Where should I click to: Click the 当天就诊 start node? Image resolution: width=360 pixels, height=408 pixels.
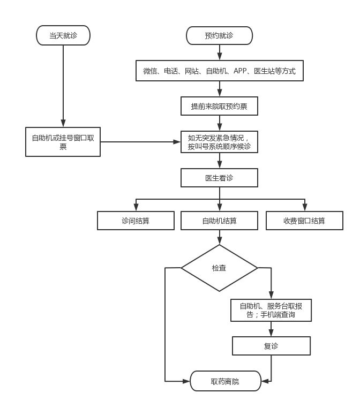tap(63, 36)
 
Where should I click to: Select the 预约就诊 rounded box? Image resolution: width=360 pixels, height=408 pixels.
tap(219, 36)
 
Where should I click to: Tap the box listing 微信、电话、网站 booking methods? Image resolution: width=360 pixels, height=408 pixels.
tap(219, 71)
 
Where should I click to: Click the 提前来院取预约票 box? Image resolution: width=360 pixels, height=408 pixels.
tap(219, 106)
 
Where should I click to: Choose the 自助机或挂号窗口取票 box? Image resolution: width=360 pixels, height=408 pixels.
tap(63, 142)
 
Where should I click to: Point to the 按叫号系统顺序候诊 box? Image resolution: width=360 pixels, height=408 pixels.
tap(219, 142)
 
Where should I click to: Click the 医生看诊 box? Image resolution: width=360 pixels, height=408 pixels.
tap(219, 178)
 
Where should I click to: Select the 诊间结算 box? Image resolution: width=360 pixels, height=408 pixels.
tap(136, 221)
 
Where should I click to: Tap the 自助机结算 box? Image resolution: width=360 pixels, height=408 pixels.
tap(219, 221)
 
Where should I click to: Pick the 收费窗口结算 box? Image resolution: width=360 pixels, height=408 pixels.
tap(304, 221)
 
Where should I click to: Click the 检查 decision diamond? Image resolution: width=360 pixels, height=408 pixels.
tap(219, 268)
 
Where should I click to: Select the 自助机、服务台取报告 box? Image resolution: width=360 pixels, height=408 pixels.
tap(271, 310)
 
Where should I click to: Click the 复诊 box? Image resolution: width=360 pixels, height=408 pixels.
tap(271, 346)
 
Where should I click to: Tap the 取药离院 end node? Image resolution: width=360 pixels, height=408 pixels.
tap(225, 381)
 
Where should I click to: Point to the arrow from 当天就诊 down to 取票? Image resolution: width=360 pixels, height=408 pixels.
tap(63, 86)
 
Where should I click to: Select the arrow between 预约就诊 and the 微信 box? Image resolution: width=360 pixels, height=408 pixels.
tap(219, 52)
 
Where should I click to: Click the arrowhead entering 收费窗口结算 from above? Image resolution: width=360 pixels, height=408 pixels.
tap(304, 208)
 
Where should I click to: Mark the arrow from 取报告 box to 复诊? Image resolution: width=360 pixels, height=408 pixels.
tap(271, 329)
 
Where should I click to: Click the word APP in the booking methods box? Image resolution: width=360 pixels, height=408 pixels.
tap(240, 71)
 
